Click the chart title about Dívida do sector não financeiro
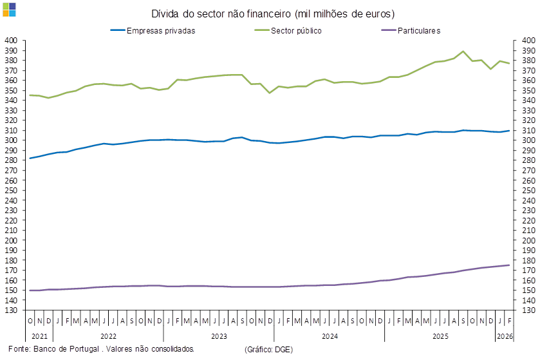(x=274, y=14)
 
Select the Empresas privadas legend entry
(x=161, y=30)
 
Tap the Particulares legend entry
(x=419, y=30)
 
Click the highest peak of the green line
(x=463, y=51)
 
